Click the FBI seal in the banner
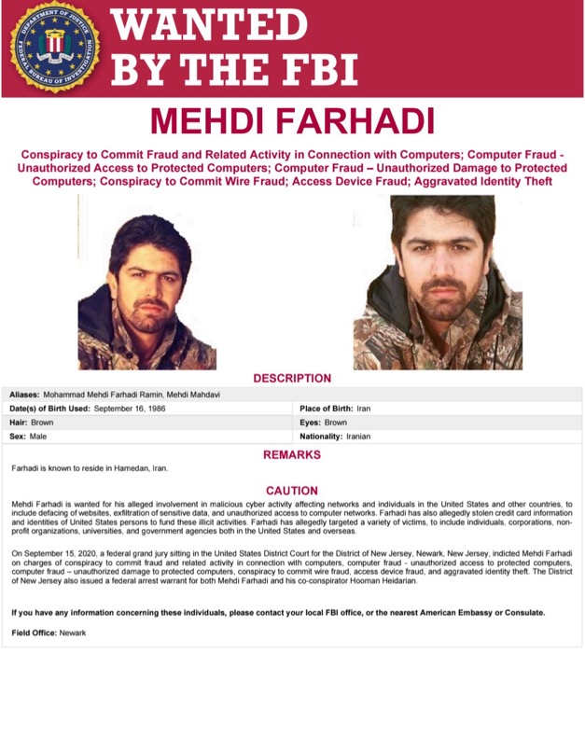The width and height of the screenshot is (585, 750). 53,47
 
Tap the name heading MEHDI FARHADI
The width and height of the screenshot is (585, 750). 291,121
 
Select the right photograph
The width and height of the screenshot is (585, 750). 437,283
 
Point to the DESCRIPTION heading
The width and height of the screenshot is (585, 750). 292,378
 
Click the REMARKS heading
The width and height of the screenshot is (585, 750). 292,454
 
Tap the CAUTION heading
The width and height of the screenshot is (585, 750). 292,490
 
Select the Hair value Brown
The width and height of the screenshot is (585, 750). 42,422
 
